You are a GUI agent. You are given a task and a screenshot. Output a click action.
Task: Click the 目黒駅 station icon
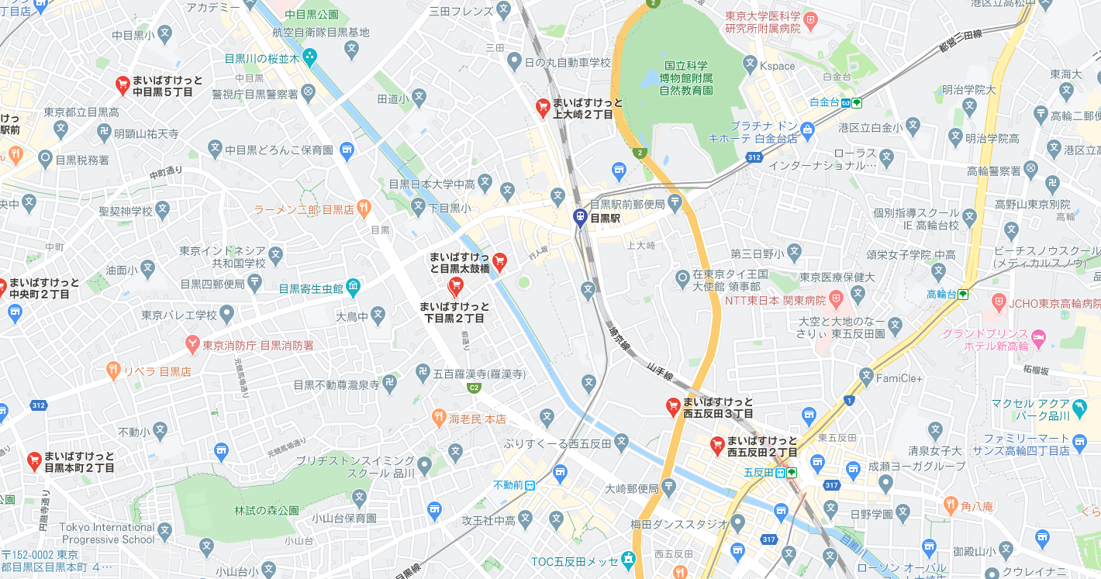[x=579, y=218]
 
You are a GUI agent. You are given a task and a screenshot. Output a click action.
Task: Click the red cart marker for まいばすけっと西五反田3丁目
[x=674, y=405]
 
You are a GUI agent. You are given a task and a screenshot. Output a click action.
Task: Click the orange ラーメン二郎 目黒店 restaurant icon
[x=364, y=209]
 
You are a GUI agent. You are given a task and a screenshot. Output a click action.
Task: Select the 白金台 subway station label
[x=823, y=102]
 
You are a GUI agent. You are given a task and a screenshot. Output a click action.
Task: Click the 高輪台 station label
[x=941, y=294]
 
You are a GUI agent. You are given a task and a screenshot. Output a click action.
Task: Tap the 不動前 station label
[x=508, y=485]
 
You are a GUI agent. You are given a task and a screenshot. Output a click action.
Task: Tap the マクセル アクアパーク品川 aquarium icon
[x=1079, y=405]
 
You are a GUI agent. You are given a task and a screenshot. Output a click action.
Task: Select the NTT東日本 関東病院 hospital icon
[x=836, y=298]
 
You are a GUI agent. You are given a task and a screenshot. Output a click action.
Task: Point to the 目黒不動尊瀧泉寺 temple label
[x=336, y=384]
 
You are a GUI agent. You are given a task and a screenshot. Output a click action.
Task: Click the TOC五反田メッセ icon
[x=627, y=560]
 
